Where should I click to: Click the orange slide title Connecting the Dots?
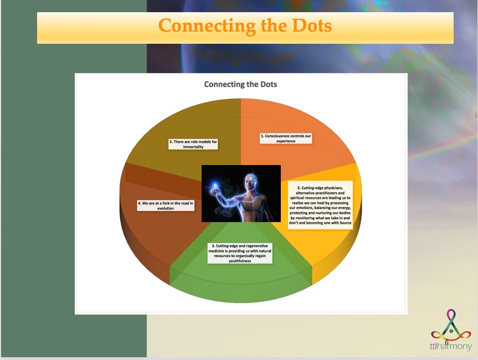click(245, 25)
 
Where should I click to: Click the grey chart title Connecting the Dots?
click(240, 84)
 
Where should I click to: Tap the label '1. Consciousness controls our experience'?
click(286, 138)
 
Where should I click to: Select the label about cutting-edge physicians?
click(320, 205)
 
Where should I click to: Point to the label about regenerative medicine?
click(240, 253)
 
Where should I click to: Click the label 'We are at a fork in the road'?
click(166, 205)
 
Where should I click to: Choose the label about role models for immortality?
click(193, 144)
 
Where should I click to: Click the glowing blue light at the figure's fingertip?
click(215, 185)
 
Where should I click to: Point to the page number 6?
click(446, 342)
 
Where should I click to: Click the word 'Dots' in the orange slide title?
click(312, 25)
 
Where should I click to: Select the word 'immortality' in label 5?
click(193, 147)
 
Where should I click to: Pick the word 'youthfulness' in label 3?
click(240, 261)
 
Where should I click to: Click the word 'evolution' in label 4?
click(166, 208)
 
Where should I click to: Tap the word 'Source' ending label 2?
click(346, 223)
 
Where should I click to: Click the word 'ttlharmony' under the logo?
click(451, 346)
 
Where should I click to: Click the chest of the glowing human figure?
click(249, 204)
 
